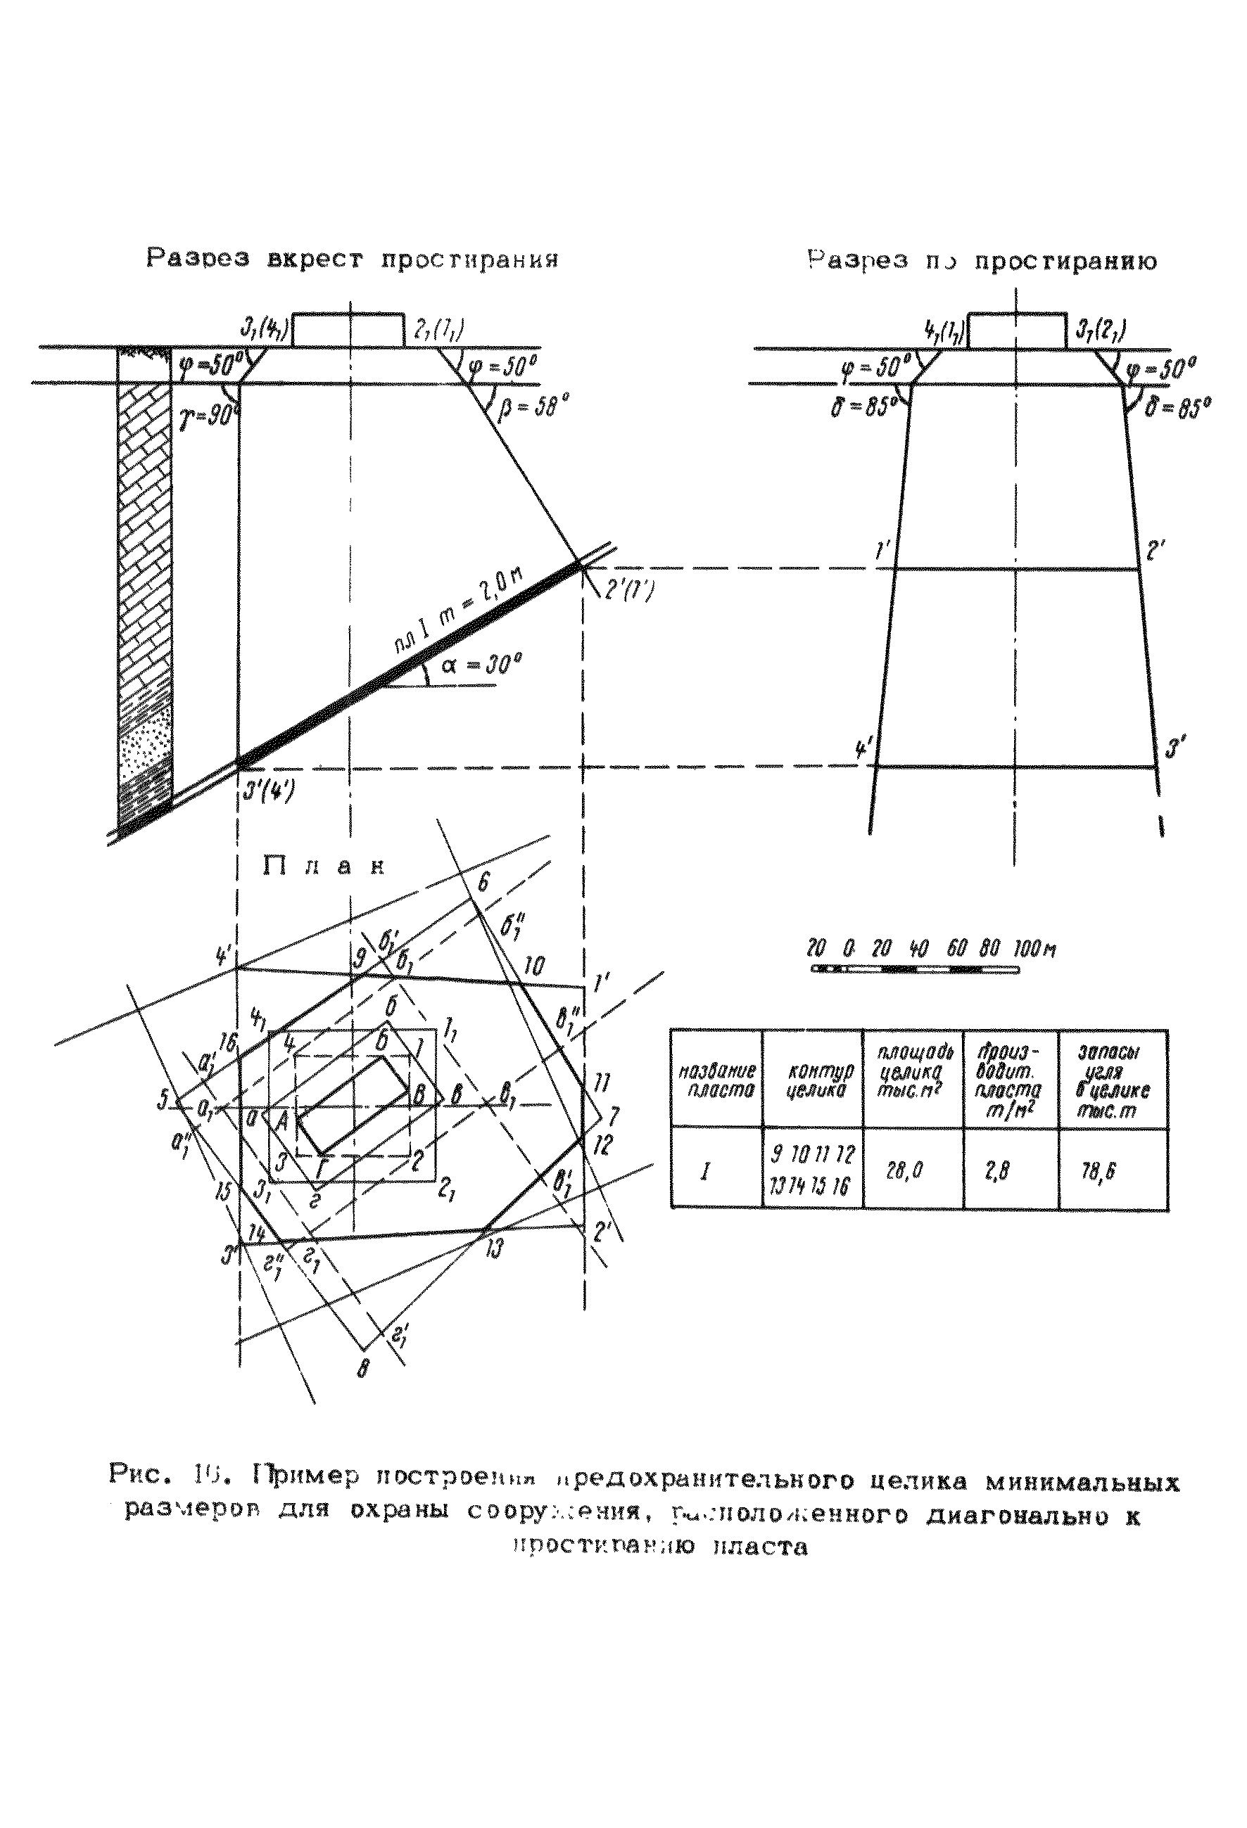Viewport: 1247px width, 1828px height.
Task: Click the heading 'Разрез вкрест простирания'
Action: coord(353,259)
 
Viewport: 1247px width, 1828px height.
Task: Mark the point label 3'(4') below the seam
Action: coord(268,790)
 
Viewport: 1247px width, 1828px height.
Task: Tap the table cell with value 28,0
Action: coord(904,1172)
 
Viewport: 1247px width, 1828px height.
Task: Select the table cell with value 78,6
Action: coord(1099,1172)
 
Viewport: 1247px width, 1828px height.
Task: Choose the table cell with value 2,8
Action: coord(998,1172)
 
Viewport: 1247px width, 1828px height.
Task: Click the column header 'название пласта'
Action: coord(716,1079)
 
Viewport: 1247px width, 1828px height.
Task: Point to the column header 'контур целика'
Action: coord(813,1080)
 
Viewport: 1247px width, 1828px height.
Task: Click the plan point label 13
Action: coord(492,1248)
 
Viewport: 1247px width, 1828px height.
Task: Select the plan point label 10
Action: coord(533,966)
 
